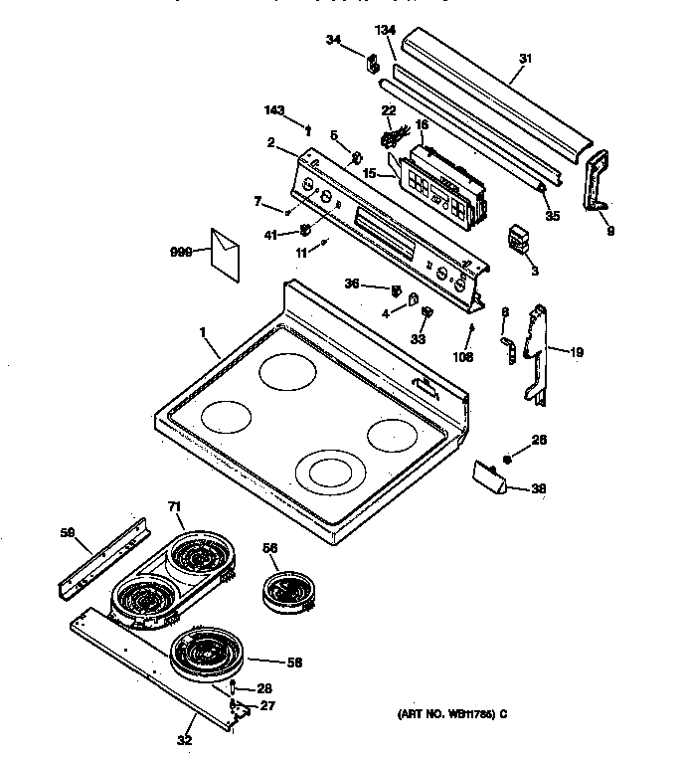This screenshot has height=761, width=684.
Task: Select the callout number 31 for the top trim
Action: point(525,60)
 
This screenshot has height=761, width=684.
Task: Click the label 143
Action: point(276,110)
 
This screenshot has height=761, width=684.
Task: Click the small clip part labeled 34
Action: point(375,65)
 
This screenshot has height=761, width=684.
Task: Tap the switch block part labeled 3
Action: point(518,240)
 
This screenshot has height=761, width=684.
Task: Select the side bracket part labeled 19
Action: point(534,353)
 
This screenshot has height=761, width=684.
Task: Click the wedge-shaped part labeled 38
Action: point(489,479)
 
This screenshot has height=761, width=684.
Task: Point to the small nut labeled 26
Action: point(507,459)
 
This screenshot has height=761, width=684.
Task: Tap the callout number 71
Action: point(175,507)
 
